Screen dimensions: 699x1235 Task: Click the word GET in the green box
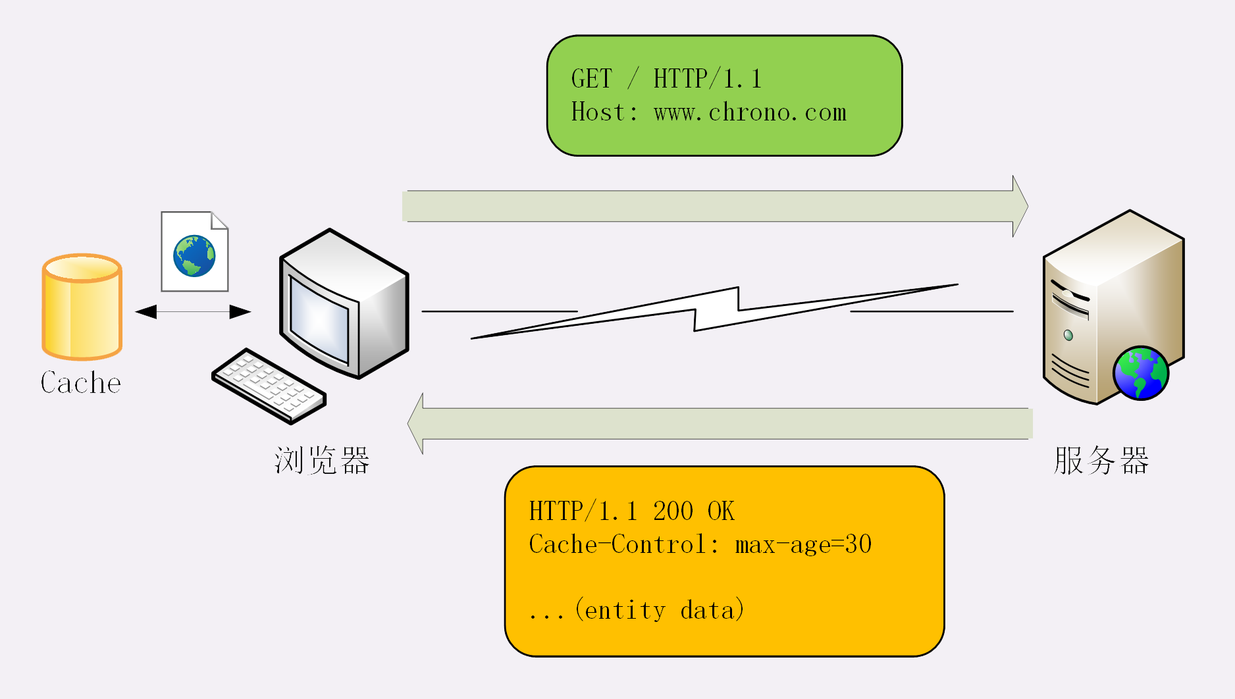pos(591,79)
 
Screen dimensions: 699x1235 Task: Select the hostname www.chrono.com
pos(750,113)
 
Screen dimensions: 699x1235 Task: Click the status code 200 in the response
pos(673,511)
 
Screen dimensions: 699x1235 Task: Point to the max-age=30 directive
pos(803,544)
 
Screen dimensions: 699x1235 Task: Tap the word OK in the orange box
pos(721,511)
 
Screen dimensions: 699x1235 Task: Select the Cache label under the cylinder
pos(81,383)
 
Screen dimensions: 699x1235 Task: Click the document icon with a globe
pos(195,252)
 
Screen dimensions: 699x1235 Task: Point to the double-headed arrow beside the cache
pos(193,311)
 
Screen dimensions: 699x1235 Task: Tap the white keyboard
pos(268,386)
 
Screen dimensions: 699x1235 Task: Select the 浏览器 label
pos(322,460)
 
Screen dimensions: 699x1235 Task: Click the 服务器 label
pos(1101,460)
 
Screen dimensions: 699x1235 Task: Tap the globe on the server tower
pos(1140,373)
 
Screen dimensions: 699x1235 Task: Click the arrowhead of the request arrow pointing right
pos(1020,206)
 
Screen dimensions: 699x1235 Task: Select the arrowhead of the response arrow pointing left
pos(416,423)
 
